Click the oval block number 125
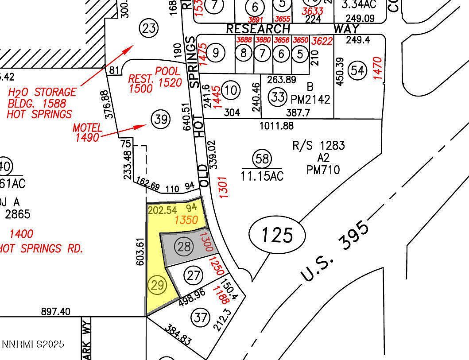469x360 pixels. tap(277, 235)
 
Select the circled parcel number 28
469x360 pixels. tap(184, 247)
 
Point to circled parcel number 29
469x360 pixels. tap(157, 286)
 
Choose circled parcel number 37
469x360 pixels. tap(200, 317)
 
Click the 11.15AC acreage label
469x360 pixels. tap(262, 176)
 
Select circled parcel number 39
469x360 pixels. tap(160, 119)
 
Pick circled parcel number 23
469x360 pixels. tap(149, 29)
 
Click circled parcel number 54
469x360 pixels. tap(358, 70)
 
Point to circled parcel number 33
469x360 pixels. tap(278, 97)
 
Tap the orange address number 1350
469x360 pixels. tap(186, 220)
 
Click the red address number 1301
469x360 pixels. tap(223, 187)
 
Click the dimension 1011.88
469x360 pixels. tap(277, 126)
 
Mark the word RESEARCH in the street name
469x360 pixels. tap(258, 29)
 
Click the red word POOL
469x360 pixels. tap(167, 71)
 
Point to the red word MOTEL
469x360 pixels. tap(88, 128)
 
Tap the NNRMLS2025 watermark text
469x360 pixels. tap(33, 344)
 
